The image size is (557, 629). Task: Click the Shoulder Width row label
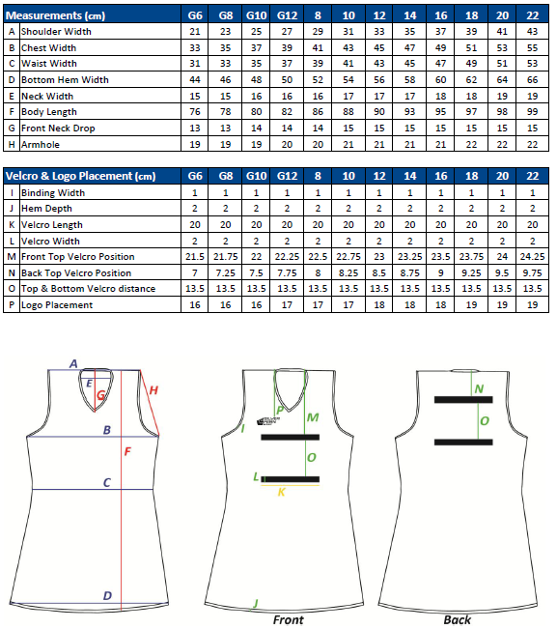click(56, 31)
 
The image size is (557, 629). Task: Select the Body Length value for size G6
click(195, 111)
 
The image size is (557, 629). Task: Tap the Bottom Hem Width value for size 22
click(532, 79)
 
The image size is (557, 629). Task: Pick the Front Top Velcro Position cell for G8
click(225, 256)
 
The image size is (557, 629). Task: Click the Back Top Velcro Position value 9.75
click(532, 272)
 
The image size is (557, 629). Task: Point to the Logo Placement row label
click(57, 305)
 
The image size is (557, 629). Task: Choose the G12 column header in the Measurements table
click(287, 15)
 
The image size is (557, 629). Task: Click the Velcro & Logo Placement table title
click(80, 176)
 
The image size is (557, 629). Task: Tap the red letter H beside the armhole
click(153, 390)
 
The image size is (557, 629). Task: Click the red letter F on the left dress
click(127, 451)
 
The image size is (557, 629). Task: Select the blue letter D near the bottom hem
click(107, 596)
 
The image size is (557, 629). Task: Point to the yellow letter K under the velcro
click(281, 492)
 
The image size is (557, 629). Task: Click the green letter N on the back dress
click(479, 388)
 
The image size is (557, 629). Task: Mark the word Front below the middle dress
click(288, 619)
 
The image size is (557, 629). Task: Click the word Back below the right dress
click(458, 619)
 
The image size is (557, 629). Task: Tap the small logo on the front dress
click(268, 421)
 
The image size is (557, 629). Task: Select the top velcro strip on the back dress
click(463, 400)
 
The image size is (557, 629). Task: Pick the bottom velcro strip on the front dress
click(291, 479)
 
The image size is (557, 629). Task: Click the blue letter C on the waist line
click(107, 482)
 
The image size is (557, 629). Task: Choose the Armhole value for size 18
click(471, 144)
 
